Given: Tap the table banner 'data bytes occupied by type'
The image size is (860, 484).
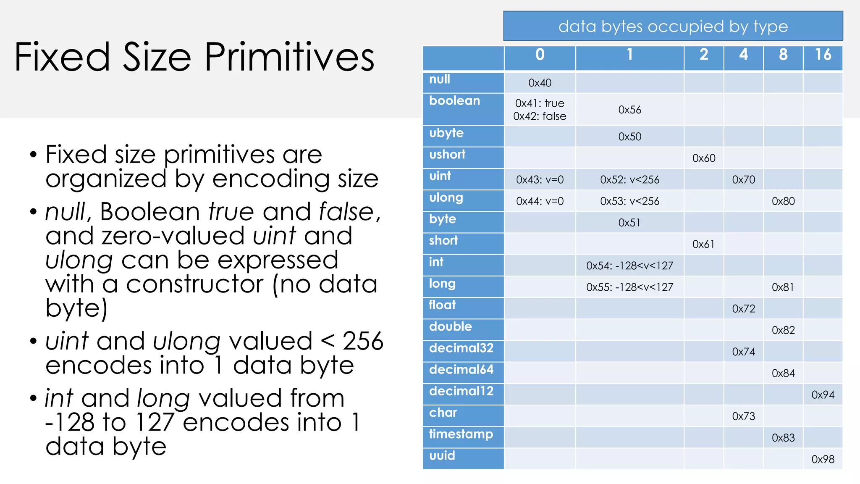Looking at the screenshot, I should pyautogui.click(x=673, y=26).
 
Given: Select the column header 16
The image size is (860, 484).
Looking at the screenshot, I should pyautogui.click(x=823, y=55).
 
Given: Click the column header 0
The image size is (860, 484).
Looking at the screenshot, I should pyautogui.click(x=540, y=55).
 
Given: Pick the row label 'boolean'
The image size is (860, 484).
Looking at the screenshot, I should pyautogui.click(x=454, y=101).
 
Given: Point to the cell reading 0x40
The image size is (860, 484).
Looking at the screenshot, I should pyautogui.click(x=540, y=83).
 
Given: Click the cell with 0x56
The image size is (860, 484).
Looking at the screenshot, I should pyautogui.click(x=629, y=110).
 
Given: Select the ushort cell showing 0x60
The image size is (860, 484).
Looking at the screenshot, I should pyautogui.click(x=704, y=158).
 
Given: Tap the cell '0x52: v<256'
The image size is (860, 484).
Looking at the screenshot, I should pyautogui.click(x=629, y=180).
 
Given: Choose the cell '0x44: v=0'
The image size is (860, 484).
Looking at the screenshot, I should pyautogui.click(x=540, y=201).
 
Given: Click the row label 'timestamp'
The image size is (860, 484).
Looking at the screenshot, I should pyautogui.click(x=461, y=434).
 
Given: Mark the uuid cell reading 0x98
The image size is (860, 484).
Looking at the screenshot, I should pyautogui.click(x=823, y=459).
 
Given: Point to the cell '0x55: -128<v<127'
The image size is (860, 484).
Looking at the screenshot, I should pyautogui.click(x=629, y=287).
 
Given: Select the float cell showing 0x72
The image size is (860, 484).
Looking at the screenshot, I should pyautogui.click(x=743, y=309).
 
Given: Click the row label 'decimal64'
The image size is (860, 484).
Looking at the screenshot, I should pyautogui.click(x=461, y=370).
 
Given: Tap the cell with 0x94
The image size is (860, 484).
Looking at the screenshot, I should pyautogui.click(x=823, y=395).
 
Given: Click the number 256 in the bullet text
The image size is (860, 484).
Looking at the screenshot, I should pyautogui.click(x=363, y=341).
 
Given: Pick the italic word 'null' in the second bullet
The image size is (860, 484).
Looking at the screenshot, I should pyautogui.click(x=66, y=211).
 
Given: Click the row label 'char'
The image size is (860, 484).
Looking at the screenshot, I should pyautogui.click(x=443, y=413).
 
